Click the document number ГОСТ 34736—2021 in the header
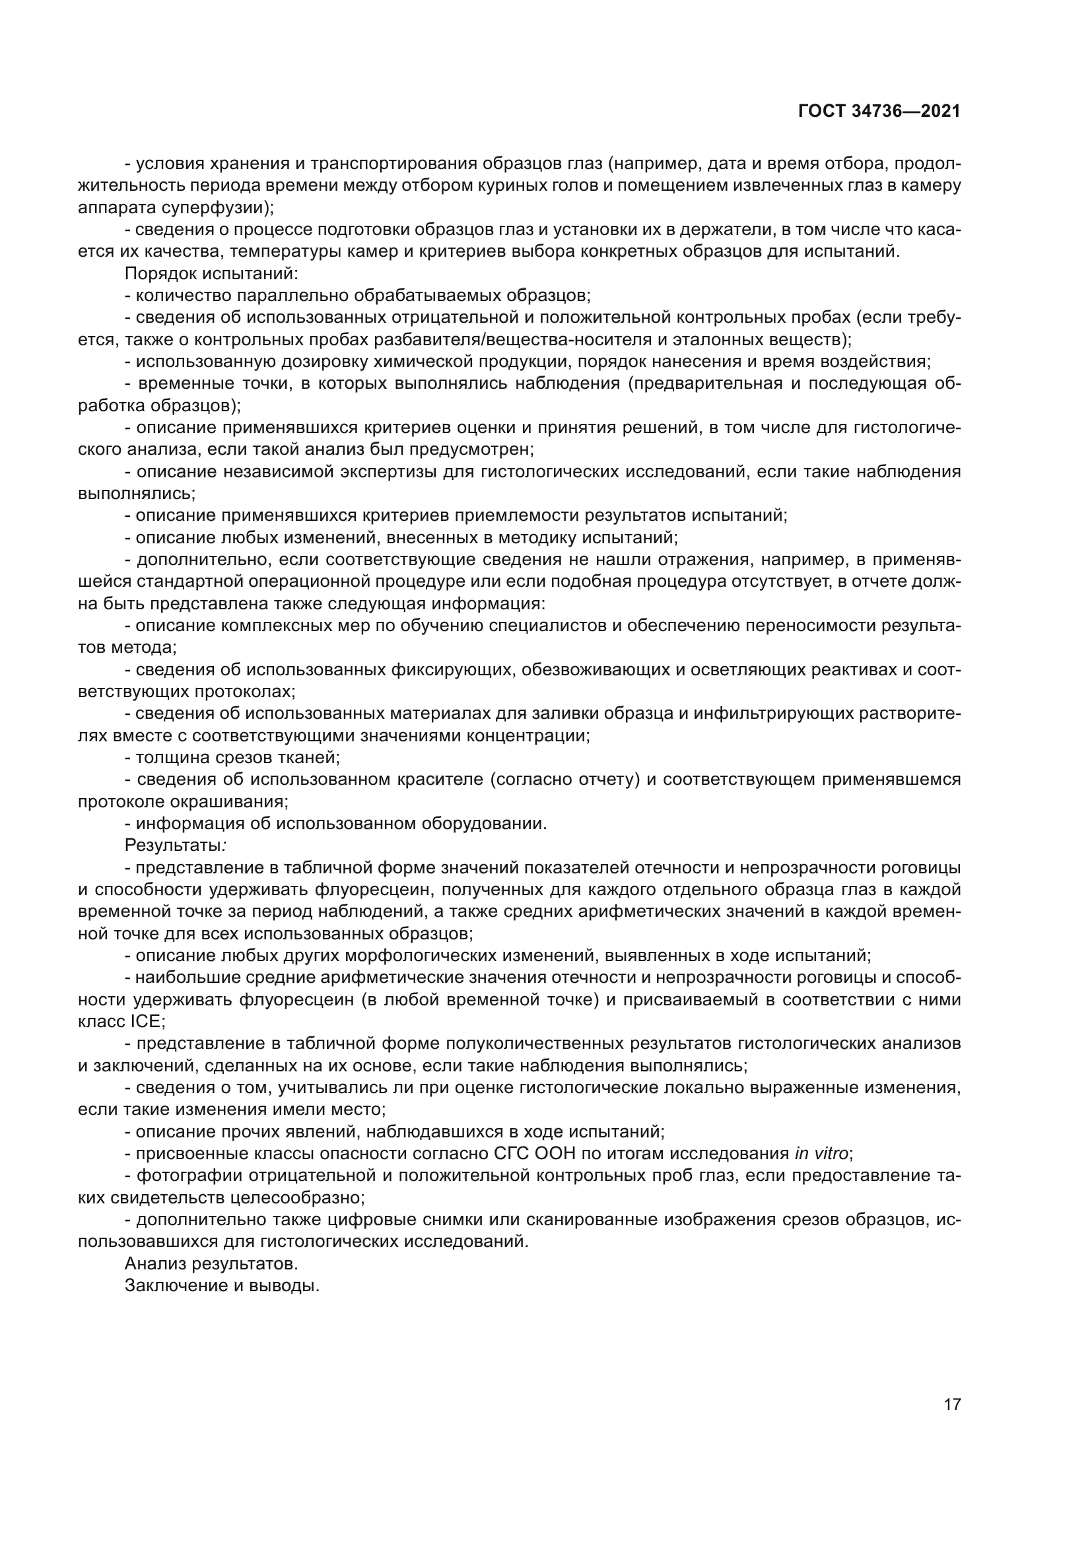879,111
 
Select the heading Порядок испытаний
211,274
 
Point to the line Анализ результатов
211,1263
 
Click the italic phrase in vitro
821,1154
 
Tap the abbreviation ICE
143,1021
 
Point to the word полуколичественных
543,1044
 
